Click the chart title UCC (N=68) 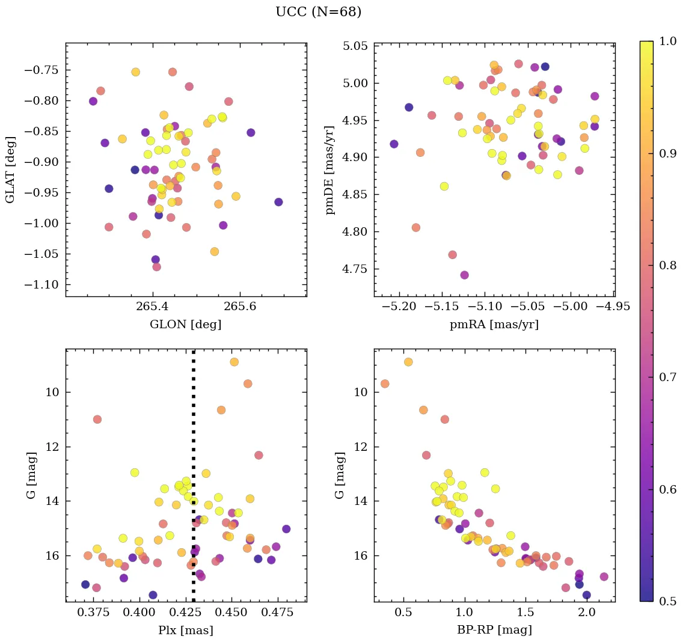click(318, 12)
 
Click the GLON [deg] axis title click(185, 325)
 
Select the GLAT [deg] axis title click(10, 170)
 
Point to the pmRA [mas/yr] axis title click(494, 325)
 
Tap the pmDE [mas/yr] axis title click(330, 170)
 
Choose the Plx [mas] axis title click(185, 630)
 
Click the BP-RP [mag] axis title click(494, 630)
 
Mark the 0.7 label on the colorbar click(667, 377)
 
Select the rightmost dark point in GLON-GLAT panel click(278, 202)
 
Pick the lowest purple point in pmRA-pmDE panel click(464, 275)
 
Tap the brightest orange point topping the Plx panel click(234, 362)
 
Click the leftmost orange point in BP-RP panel click(385, 384)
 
